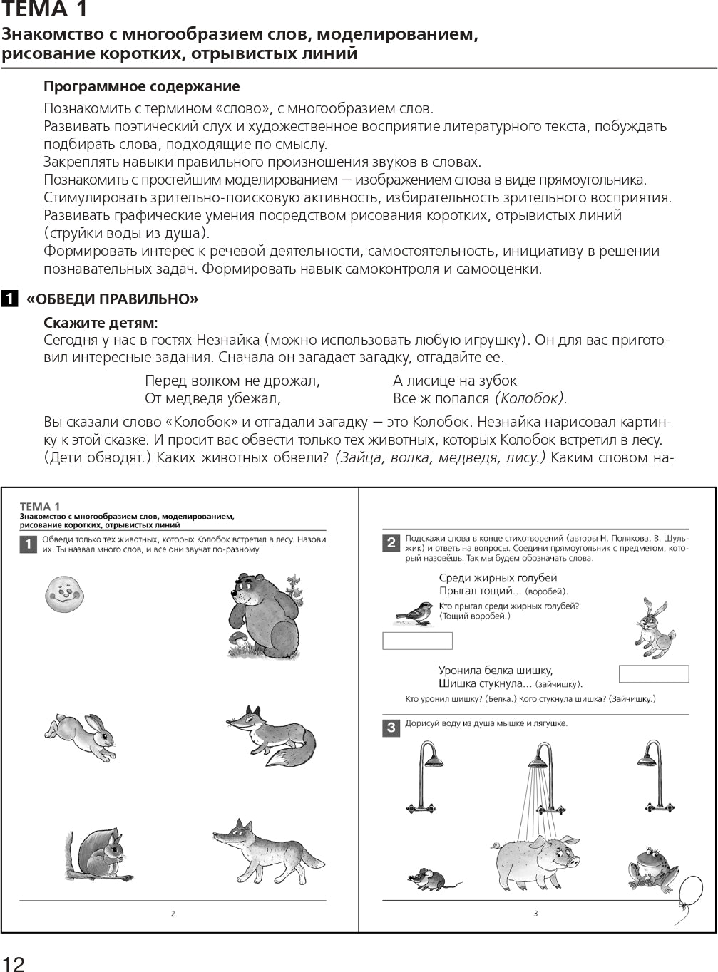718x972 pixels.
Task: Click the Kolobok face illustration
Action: point(65,593)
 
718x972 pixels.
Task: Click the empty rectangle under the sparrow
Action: point(417,641)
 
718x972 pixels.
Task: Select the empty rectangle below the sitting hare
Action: point(653,673)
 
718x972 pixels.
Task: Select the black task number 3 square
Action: point(391,728)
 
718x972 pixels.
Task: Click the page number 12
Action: point(13,963)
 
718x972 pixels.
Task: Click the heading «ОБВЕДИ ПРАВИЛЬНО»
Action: point(112,299)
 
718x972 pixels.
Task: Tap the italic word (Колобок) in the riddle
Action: point(530,398)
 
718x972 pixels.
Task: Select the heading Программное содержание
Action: point(141,86)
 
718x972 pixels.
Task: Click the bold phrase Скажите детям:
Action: point(101,322)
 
